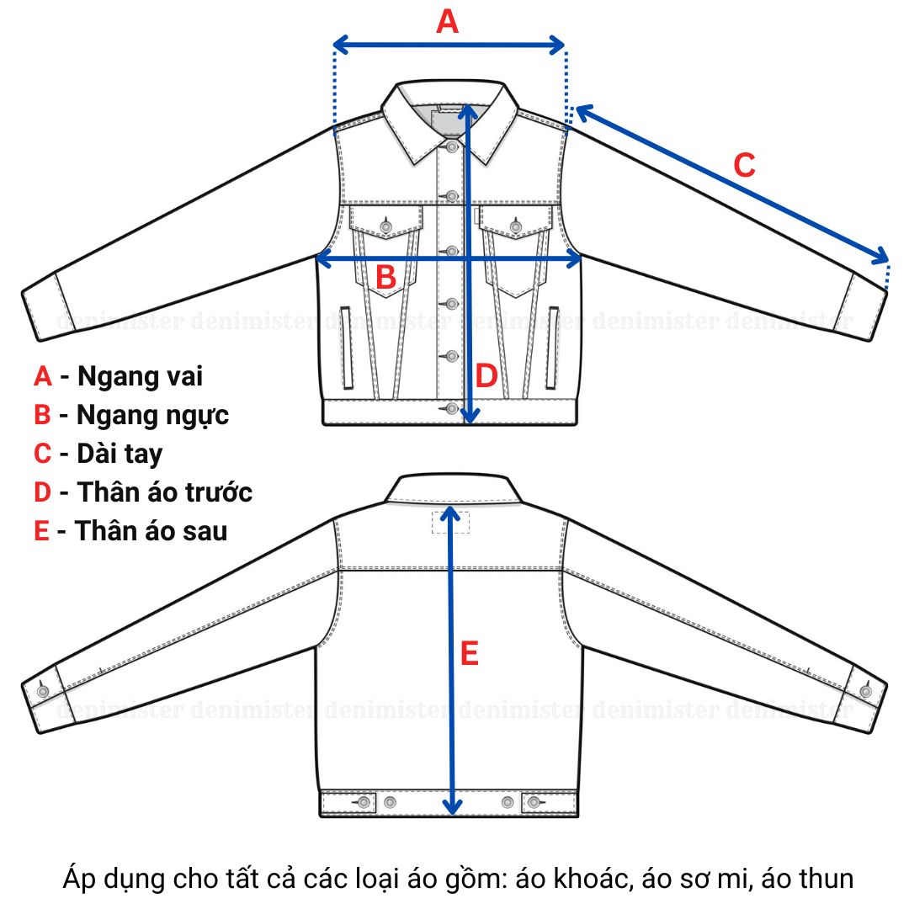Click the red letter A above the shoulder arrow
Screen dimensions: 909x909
coord(447,22)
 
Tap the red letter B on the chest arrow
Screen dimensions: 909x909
coord(385,277)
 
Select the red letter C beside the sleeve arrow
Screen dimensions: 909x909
coord(744,165)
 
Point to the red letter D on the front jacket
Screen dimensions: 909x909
coord(486,376)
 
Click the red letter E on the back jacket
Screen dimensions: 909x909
coord(470,653)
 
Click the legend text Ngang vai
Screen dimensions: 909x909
coord(140,376)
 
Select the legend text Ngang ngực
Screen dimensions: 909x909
coord(152,415)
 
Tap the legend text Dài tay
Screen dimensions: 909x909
coord(120,454)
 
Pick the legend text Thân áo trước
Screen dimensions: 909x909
coord(165,492)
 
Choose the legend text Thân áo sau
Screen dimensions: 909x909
coord(151,531)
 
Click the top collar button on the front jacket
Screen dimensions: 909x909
coord(452,147)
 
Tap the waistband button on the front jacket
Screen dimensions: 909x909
coord(452,409)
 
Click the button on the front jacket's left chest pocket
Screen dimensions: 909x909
coord(386,226)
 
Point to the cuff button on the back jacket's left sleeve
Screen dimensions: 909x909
coord(43,691)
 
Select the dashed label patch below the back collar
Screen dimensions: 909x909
coord(450,522)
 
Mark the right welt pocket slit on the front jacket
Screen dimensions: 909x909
coord(553,348)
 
